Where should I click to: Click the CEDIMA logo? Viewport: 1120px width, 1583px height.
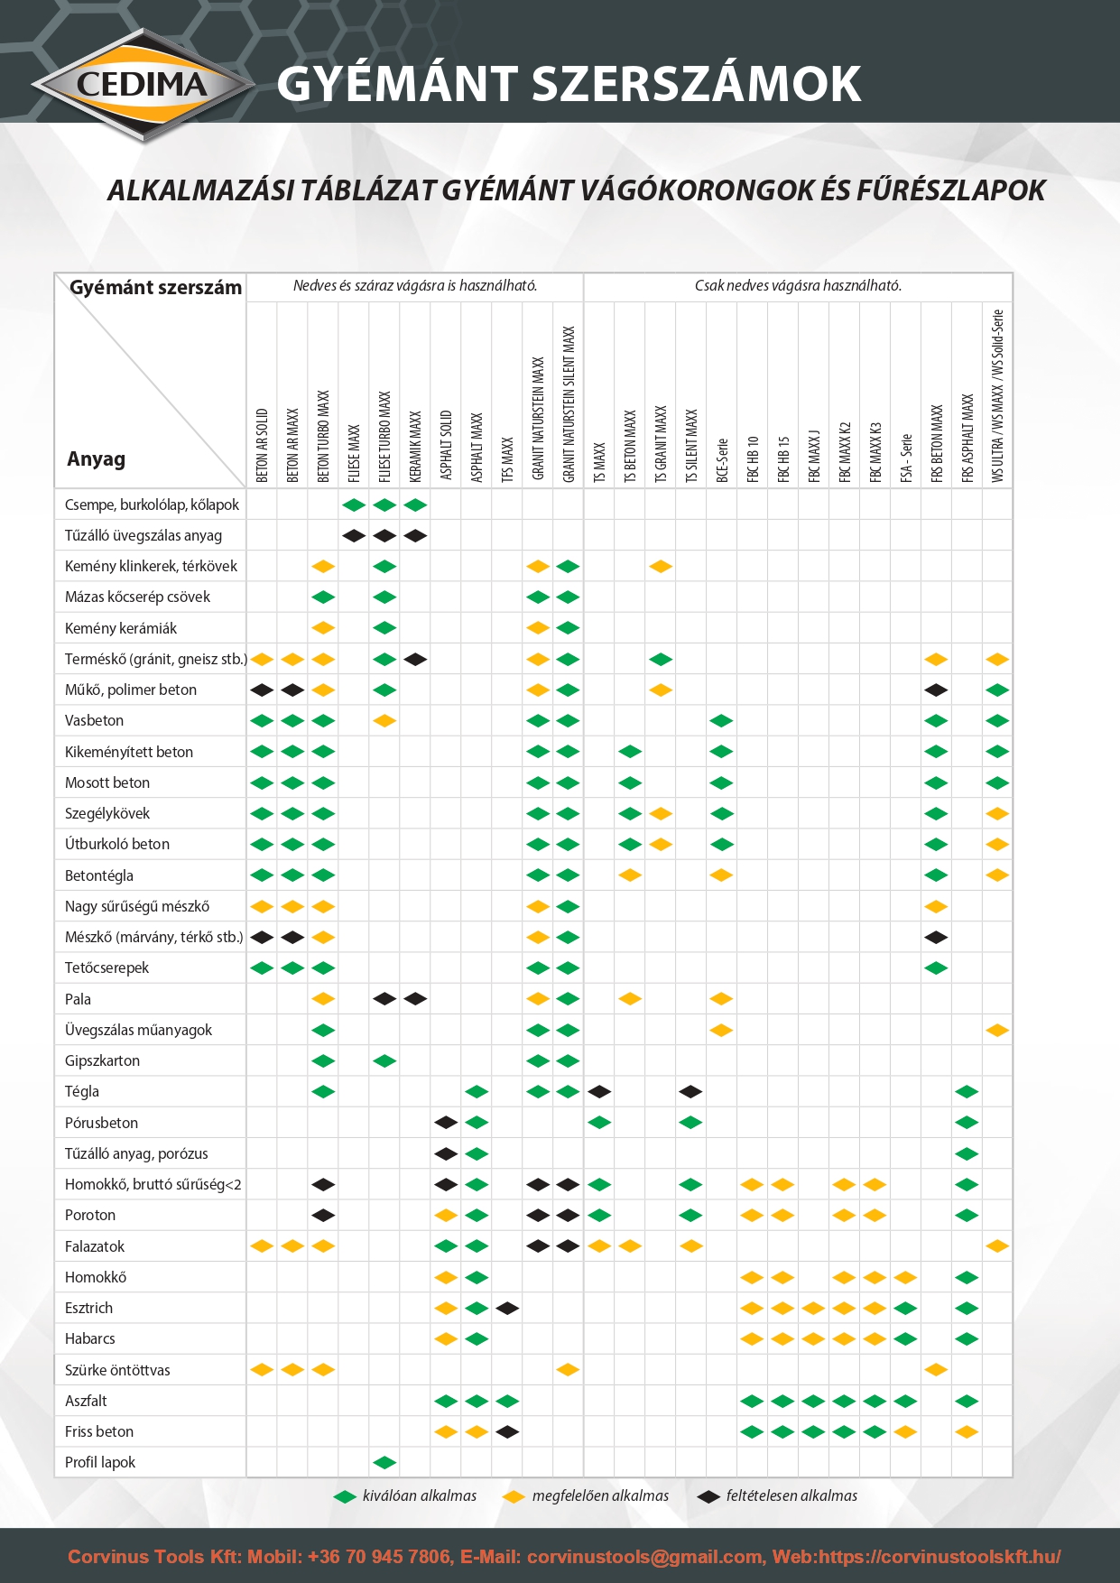pos(143,85)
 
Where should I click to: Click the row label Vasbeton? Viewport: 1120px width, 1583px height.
pos(94,720)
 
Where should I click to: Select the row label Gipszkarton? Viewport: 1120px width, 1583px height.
pos(102,1060)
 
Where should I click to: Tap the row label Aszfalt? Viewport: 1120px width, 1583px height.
pos(86,1401)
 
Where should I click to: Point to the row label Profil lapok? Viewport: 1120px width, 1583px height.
pos(100,1462)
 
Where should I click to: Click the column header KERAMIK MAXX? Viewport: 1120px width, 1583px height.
pos(415,446)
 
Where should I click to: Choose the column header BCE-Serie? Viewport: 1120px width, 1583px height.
pos(721,460)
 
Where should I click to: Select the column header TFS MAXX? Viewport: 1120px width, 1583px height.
pos(507,458)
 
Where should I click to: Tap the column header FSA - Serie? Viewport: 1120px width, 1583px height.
pos(906,458)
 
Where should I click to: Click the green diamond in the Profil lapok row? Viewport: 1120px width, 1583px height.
pos(384,1462)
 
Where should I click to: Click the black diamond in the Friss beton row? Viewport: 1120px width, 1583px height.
pos(507,1431)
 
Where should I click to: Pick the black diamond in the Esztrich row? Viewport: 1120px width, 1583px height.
pos(507,1308)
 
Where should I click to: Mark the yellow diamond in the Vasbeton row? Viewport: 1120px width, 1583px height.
pos(384,721)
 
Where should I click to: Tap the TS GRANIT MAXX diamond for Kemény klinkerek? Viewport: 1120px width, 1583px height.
pos(661,567)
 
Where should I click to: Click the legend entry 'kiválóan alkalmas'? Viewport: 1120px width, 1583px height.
pos(419,1495)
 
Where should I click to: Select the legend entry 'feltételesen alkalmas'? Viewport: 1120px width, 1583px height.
pos(791,1495)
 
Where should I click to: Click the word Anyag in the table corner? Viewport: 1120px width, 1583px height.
pos(96,458)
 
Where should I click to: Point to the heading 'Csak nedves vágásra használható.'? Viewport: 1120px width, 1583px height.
pos(798,286)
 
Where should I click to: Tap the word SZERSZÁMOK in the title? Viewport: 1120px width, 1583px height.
pos(696,84)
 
